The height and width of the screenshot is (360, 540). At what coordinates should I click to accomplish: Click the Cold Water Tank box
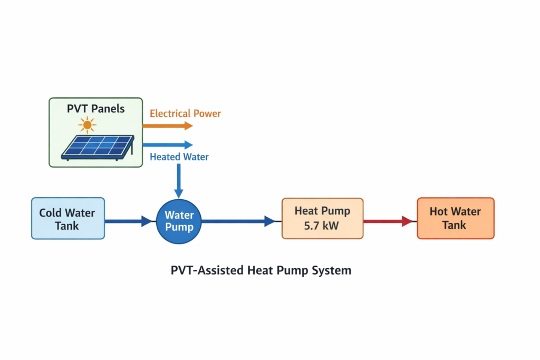[x=68, y=218]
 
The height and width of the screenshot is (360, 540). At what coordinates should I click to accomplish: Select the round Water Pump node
[x=179, y=221]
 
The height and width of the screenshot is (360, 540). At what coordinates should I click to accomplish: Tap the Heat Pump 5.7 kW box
[x=322, y=218]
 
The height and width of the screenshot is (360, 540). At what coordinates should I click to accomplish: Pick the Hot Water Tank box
[x=455, y=218]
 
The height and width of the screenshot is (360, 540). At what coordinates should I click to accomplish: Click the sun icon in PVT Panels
[x=87, y=125]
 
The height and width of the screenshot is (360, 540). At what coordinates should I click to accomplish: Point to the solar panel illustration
[x=97, y=147]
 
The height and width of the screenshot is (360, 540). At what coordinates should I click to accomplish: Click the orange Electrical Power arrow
[x=167, y=126]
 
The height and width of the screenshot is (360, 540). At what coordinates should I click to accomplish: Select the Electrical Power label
[x=185, y=113]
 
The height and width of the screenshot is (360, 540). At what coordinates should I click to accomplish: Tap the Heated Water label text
[x=179, y=157]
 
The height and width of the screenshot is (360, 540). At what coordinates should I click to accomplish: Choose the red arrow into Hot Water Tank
[x=388, y=221]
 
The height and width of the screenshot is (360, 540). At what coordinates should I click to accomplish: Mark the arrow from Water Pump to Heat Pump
[x=240, y=221]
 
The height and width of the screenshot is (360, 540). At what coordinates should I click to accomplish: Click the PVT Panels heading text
[x=95, y=109]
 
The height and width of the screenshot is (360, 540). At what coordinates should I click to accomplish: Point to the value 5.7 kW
[x=322, y=226]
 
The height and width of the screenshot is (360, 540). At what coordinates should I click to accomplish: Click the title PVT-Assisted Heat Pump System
[x=261, y=270]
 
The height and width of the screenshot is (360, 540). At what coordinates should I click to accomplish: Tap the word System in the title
[x=332, y=270]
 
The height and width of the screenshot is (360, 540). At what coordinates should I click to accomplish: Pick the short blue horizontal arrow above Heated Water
[x=167, y=145]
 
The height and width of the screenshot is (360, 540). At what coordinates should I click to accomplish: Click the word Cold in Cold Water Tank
[x=51, y=213]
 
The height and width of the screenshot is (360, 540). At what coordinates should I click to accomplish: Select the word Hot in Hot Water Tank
[x=439, y=212]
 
